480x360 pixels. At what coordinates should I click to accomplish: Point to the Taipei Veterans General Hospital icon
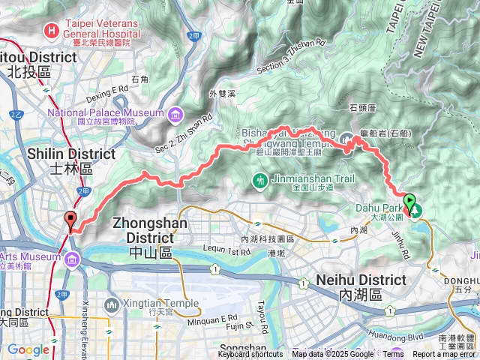pyautogui.click(x=51, y=31)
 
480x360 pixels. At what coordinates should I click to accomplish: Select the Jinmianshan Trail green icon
pyautogui.click(x=259, y=180)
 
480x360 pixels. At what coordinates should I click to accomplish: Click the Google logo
pyautogui.click(x=28, y=349)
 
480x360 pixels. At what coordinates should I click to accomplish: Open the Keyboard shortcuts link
pyautogui.click(x=250, y=355)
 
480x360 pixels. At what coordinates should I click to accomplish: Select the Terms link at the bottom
pyautogui.click(x=393, y=355)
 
